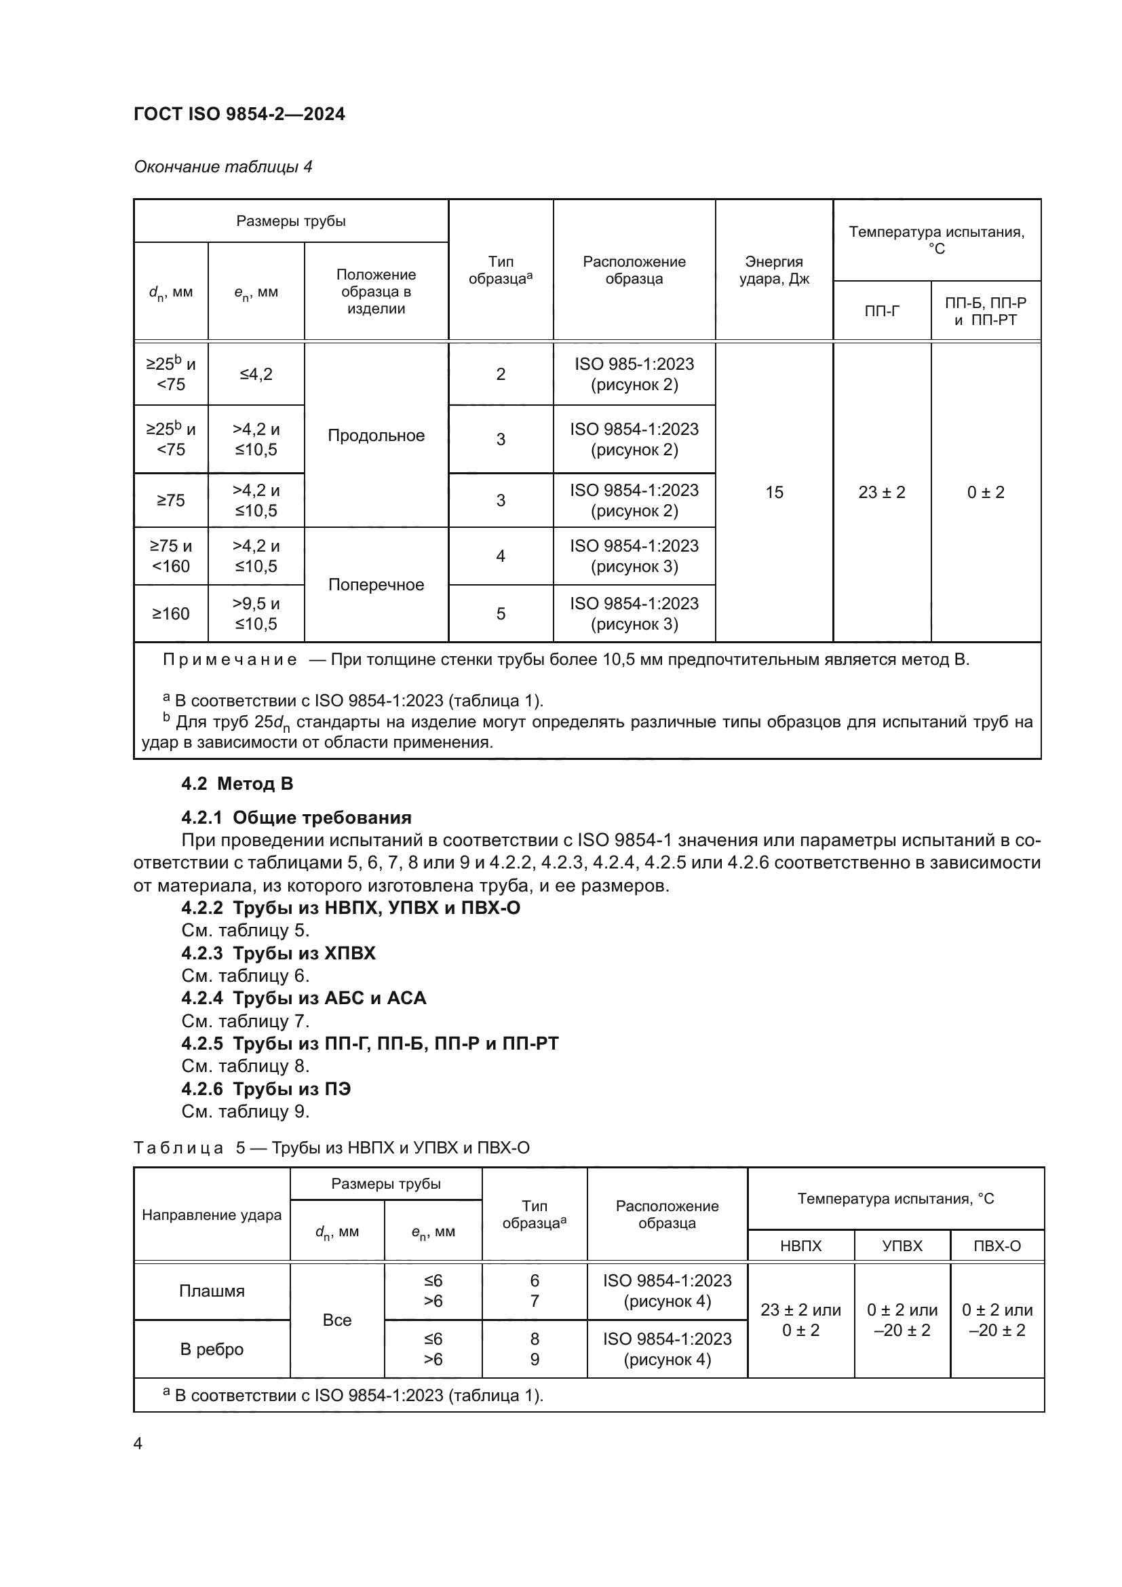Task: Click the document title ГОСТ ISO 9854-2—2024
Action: (239, 114)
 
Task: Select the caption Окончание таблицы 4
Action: (223, 167)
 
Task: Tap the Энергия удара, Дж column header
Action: (774, 270)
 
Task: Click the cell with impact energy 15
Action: (774, 492)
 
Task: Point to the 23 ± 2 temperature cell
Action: (882, 492)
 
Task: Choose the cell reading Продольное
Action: (376, 436)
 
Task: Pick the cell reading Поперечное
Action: (376, 585)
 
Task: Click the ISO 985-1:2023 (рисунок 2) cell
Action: (634, 374)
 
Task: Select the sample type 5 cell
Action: (500, 614)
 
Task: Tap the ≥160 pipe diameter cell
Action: (171, 614)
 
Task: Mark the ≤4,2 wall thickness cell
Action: (256, 374)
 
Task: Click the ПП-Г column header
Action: (882, 311)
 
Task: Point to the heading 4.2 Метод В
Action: (237, 784)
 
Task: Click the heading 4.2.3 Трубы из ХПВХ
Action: (278, 953)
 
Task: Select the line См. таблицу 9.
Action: (246, 1111)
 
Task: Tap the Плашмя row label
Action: (212, 1291)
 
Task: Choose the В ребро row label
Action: (212, 1350)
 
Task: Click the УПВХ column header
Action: (902, 1246)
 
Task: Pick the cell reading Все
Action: (337, 1320)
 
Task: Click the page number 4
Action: (138, 1443)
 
